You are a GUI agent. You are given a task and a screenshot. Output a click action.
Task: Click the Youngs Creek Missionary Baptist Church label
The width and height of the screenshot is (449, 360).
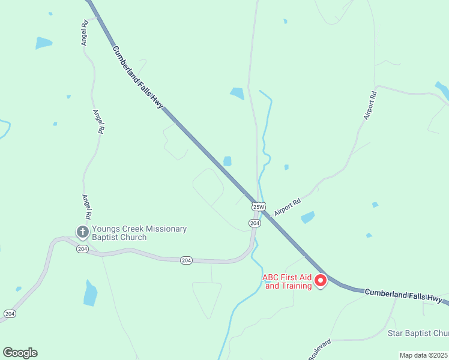pyautogui.click(x=139, y=233)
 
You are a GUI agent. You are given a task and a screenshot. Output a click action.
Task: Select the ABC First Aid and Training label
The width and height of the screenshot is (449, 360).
pyautogui.click(x=288, y=281)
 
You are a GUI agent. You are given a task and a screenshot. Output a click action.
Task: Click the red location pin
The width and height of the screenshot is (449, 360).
pyautogui.click(x=321, y=280)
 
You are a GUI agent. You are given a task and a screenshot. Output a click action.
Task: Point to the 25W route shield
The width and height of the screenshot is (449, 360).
pyautogui.click(x=258, y=206)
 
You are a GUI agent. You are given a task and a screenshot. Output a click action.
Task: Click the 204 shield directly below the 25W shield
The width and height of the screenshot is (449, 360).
pyautogui.click(x=255, y=223)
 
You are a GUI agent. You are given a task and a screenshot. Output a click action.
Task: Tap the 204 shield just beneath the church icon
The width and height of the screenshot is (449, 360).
pyautogui.click(x=83, y=249)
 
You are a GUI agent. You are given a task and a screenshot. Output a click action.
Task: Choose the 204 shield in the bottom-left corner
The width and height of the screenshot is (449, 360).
pyautogui.click(x=10, y=314)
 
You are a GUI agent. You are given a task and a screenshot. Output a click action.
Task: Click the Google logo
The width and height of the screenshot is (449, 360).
pyautogui.click(x=20, y=353)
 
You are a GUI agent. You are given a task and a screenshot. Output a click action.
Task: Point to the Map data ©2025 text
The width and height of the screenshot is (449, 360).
pyautogui.click(x=423, y=355)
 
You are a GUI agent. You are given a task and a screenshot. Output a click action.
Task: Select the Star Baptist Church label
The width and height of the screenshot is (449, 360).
pyautogui.click(x=418, y=333)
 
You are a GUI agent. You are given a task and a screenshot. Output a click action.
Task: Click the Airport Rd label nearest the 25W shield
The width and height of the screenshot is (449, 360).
pyautogui.click(x=287, y=208)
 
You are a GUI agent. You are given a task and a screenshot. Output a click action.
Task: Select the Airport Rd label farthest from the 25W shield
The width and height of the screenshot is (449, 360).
pyautogui.click(x=369, y=105)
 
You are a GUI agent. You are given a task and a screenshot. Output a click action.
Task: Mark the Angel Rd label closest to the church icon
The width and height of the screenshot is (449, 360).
pyautogui.click(x=88, y=206)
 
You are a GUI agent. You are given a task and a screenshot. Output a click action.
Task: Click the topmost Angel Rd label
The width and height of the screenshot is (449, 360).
pyautogui.click(x=85, y=32)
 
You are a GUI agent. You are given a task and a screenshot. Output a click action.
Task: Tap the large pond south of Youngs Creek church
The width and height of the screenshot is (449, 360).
pyautogui.click(x=91, y=293)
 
